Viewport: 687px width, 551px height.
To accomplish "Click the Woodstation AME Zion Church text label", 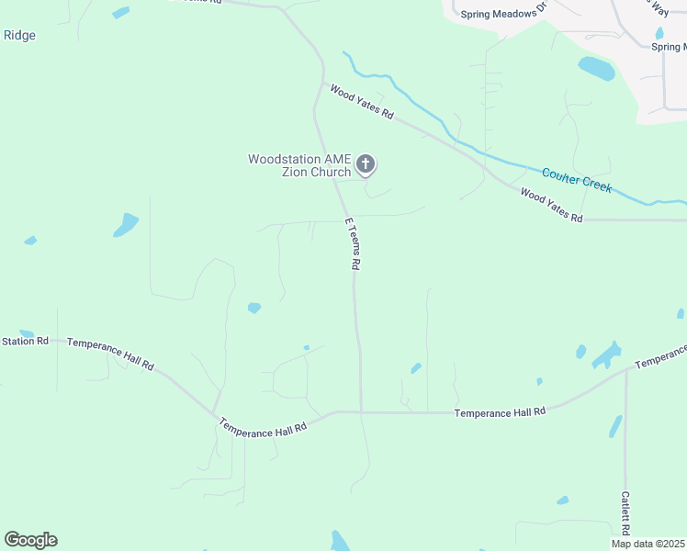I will [299, 165].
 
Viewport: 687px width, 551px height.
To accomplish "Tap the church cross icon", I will [366, 165].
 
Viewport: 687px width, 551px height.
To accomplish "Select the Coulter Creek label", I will [577, 178].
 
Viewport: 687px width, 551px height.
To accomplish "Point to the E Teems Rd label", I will [351, 243].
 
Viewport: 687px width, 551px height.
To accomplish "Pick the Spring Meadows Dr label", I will [503, 10].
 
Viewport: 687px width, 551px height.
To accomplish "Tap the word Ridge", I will [19, 35].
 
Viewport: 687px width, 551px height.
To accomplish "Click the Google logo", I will [30, 539].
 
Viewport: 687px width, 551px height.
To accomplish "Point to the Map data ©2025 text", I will [648, 544].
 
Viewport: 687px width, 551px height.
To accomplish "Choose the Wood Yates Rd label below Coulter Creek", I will [551, 206].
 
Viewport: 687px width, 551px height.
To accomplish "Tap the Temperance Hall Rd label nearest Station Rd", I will [110, 352].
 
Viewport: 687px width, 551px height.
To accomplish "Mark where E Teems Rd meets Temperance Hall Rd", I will [361, 412].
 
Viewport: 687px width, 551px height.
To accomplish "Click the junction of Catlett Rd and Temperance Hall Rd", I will [625, 371].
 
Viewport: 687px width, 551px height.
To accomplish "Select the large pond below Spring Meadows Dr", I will [596, 68].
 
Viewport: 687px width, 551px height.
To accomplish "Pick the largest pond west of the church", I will [125, 224].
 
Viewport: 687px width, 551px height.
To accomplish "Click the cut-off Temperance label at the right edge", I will [660, 356].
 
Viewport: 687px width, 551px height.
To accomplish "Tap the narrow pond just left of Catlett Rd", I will [614, 426].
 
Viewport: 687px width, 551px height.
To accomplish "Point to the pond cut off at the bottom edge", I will [340, 542].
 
